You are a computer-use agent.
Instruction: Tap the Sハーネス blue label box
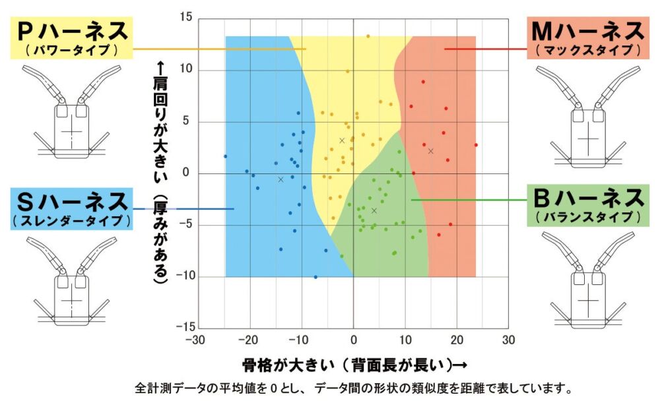point(73,208)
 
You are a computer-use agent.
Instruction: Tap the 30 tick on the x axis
point(508,340)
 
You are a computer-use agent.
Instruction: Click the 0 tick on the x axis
point(354,340)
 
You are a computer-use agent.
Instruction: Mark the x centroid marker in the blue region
point(280,179)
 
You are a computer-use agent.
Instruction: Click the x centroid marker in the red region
point(431,151)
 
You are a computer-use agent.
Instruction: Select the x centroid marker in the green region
point(374,210)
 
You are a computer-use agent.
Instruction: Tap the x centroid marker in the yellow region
point(342,140)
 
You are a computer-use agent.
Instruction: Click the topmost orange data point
point(368,36)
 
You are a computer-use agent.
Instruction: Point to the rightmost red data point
point(476,145)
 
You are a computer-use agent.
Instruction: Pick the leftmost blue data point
point(225,156)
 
